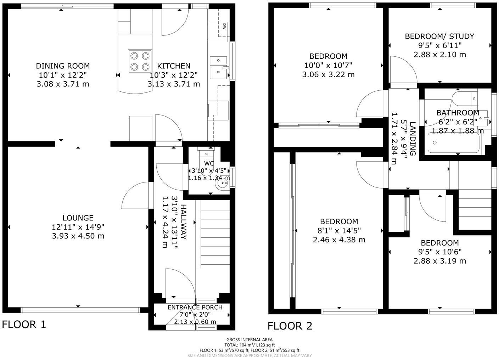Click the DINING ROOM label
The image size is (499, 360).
[63, 66]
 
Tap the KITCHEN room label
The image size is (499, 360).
[174, 66]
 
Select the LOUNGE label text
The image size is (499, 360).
[78, 218]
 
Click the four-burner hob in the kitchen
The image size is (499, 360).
[140, 61]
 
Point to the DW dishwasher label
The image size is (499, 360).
[224, 26]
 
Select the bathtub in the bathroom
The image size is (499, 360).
[454, 143]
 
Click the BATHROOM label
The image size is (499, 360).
[458, 113]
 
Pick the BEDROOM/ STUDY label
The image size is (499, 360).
[439, 36]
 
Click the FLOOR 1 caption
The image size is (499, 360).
[24, 324]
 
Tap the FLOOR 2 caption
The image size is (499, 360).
[290, 326]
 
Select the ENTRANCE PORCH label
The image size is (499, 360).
[195, 307]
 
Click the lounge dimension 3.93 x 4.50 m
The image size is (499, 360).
[78, 236]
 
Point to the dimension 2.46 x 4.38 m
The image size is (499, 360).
[339, 240]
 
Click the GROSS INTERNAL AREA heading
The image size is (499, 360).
[250, 339]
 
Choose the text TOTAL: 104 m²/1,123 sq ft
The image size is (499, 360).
[250, 345]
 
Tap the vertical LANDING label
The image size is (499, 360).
[413, 139]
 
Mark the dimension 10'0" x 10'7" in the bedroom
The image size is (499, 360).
[328, 65]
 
